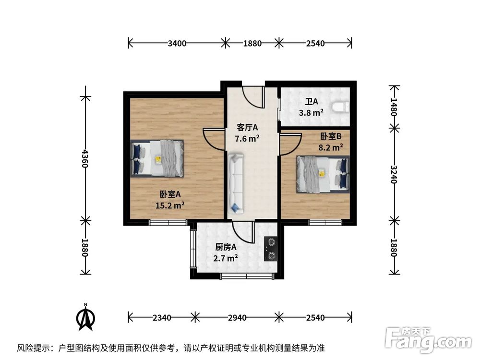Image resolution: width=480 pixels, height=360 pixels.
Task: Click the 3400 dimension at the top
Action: [177, 43]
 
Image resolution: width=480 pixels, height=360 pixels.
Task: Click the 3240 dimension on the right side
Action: [394, 174]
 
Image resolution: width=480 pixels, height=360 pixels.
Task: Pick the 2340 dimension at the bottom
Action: [161, 317]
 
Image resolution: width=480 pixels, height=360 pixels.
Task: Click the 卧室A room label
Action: [170, 194]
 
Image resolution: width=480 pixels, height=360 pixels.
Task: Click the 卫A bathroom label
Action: [312, 102]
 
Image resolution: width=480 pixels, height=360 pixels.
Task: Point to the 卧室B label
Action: [331, 136]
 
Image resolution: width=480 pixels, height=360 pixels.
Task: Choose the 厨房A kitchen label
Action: [226, 247]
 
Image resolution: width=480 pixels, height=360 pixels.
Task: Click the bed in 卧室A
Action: [156, 158]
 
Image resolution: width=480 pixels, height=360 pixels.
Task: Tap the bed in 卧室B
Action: [322, 173]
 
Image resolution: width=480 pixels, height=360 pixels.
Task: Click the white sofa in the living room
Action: [237, 183]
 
